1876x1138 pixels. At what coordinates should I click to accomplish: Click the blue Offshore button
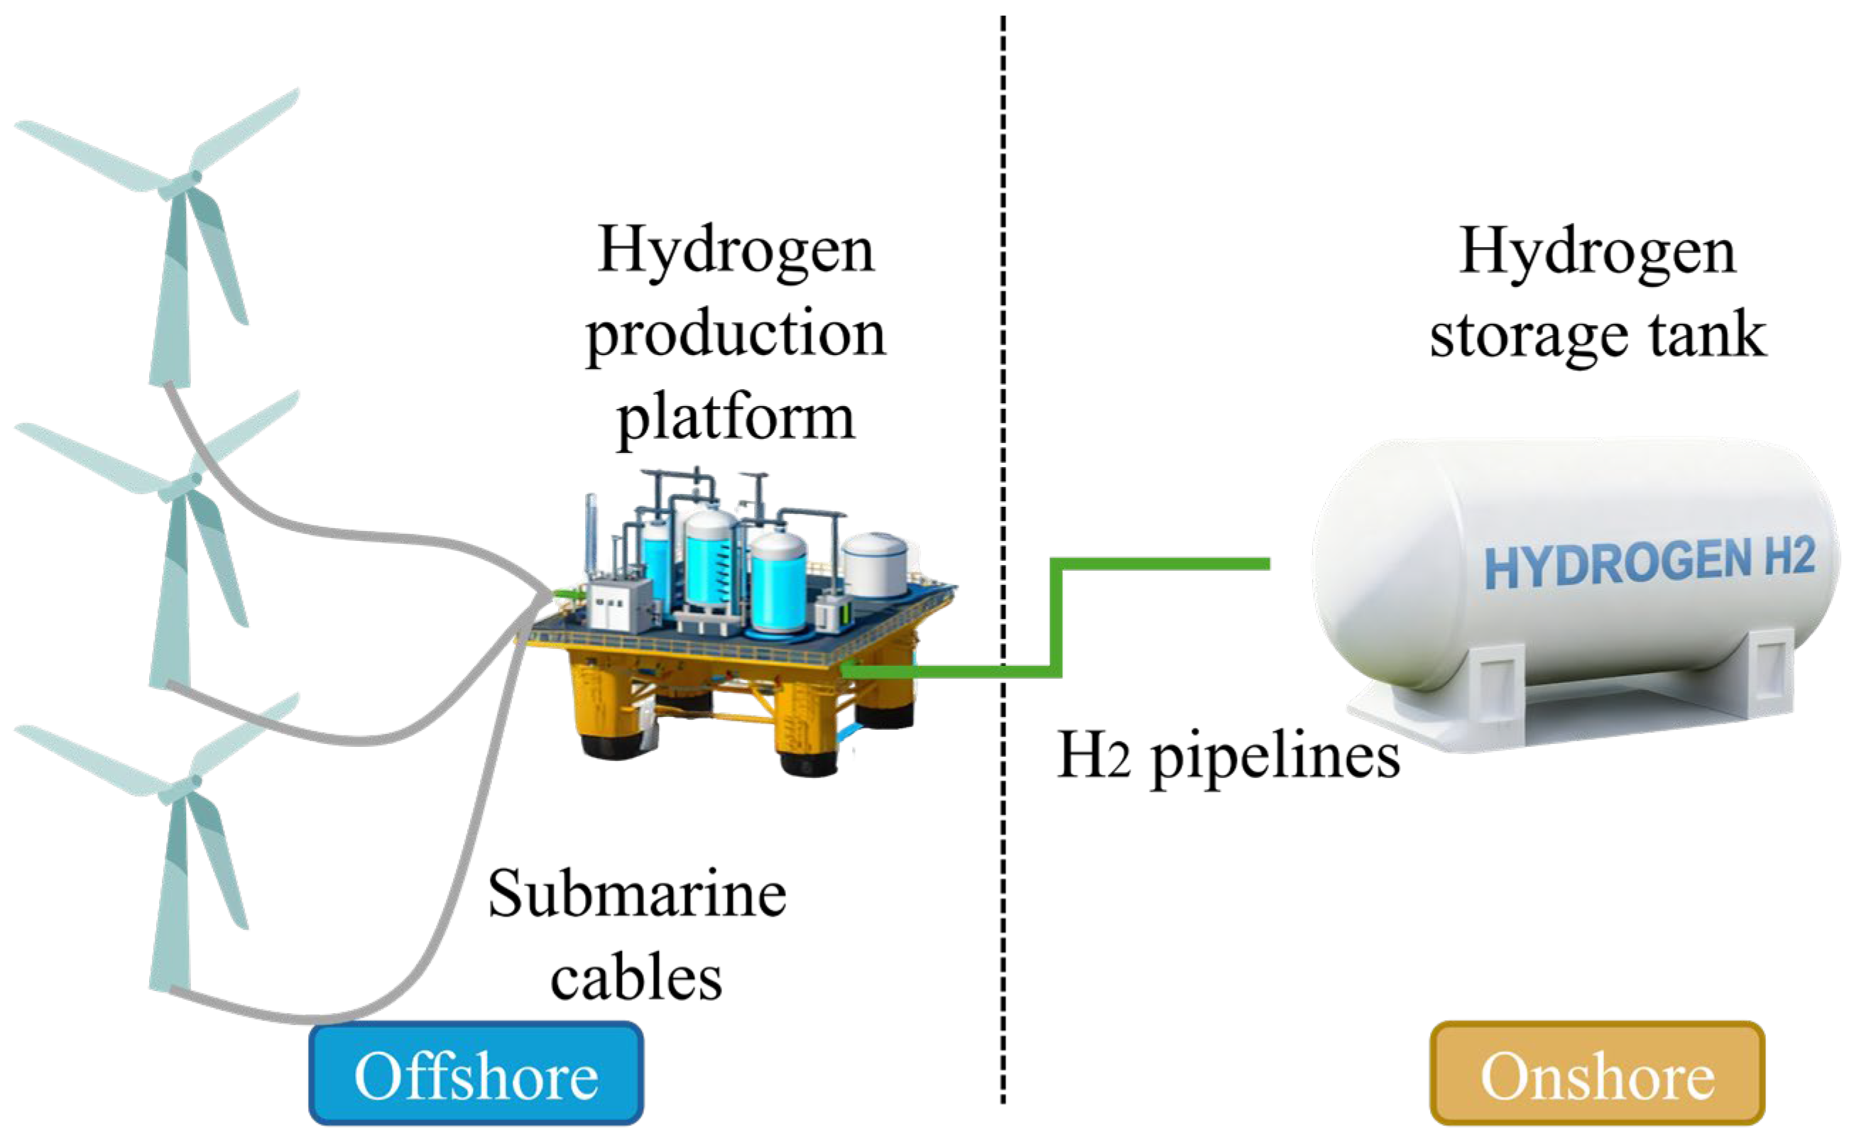(x=476, y=1075)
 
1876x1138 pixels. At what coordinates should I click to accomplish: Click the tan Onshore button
(x=1598, y=1075)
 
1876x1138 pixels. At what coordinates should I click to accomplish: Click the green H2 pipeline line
(x=1055, y=617)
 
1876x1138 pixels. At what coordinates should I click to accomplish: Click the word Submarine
(x=636, y=895)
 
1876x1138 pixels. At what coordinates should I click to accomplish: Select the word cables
(x=636, y=979)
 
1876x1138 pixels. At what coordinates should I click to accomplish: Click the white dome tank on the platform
(x=876, y=563)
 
